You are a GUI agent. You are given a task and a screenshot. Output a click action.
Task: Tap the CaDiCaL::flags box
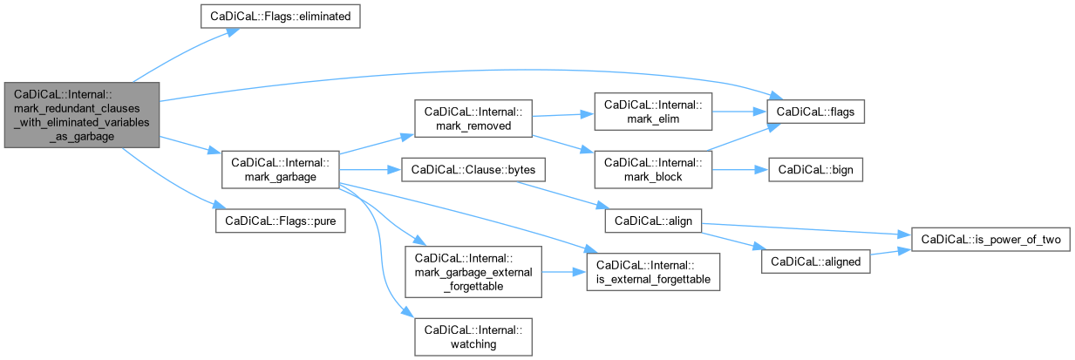click(x=815, y=112)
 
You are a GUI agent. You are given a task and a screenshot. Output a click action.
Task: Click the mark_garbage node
click(x=279, y=169)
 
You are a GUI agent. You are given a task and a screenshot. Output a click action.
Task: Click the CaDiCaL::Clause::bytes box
click(x=473, y=169)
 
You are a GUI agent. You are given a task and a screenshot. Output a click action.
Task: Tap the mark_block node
click(x=652, y=169)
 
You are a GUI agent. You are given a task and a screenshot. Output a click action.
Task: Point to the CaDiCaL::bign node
click(x=815, y=169)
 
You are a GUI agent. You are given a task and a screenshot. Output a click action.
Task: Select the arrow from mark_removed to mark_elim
click(x=561, y=114)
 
